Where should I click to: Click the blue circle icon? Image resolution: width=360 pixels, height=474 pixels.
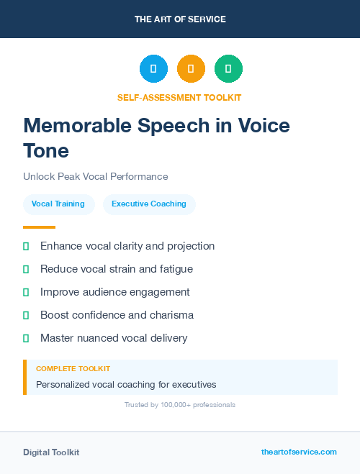[x=153, y=69]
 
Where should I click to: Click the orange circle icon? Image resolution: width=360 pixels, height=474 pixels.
[x=191, y=69]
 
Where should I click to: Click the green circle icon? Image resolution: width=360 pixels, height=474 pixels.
[x=228, y=69]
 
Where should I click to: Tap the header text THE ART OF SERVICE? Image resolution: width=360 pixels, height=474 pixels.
[x=180, y=19]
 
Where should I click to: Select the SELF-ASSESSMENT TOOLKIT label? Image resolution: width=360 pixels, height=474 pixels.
[x=180, y=97]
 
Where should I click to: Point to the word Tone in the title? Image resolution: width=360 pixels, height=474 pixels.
[x=46, y=151]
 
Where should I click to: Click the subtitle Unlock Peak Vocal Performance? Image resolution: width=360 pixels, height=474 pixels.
[x=96, y=176]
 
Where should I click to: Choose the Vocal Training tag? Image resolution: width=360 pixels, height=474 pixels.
[x=58, y=204]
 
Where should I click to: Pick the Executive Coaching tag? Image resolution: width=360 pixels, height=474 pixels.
[x=149, y=204]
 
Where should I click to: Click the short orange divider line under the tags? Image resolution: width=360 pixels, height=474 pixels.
[x=39, y=227]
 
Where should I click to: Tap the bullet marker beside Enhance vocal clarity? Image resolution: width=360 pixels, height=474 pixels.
[x=26, y=246]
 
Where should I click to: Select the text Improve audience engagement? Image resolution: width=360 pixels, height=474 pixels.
[x=115, y=292]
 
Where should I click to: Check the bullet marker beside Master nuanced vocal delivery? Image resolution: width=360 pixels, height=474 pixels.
[x=26, y=338]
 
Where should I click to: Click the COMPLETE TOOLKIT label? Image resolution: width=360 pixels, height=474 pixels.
[x=73, y=368]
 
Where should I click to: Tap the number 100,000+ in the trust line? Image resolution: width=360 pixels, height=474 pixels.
[x=172, y=405]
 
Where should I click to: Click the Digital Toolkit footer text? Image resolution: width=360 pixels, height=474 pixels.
[x=51, y=452]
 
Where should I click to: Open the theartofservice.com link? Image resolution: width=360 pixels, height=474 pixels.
[x=299, y=452]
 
